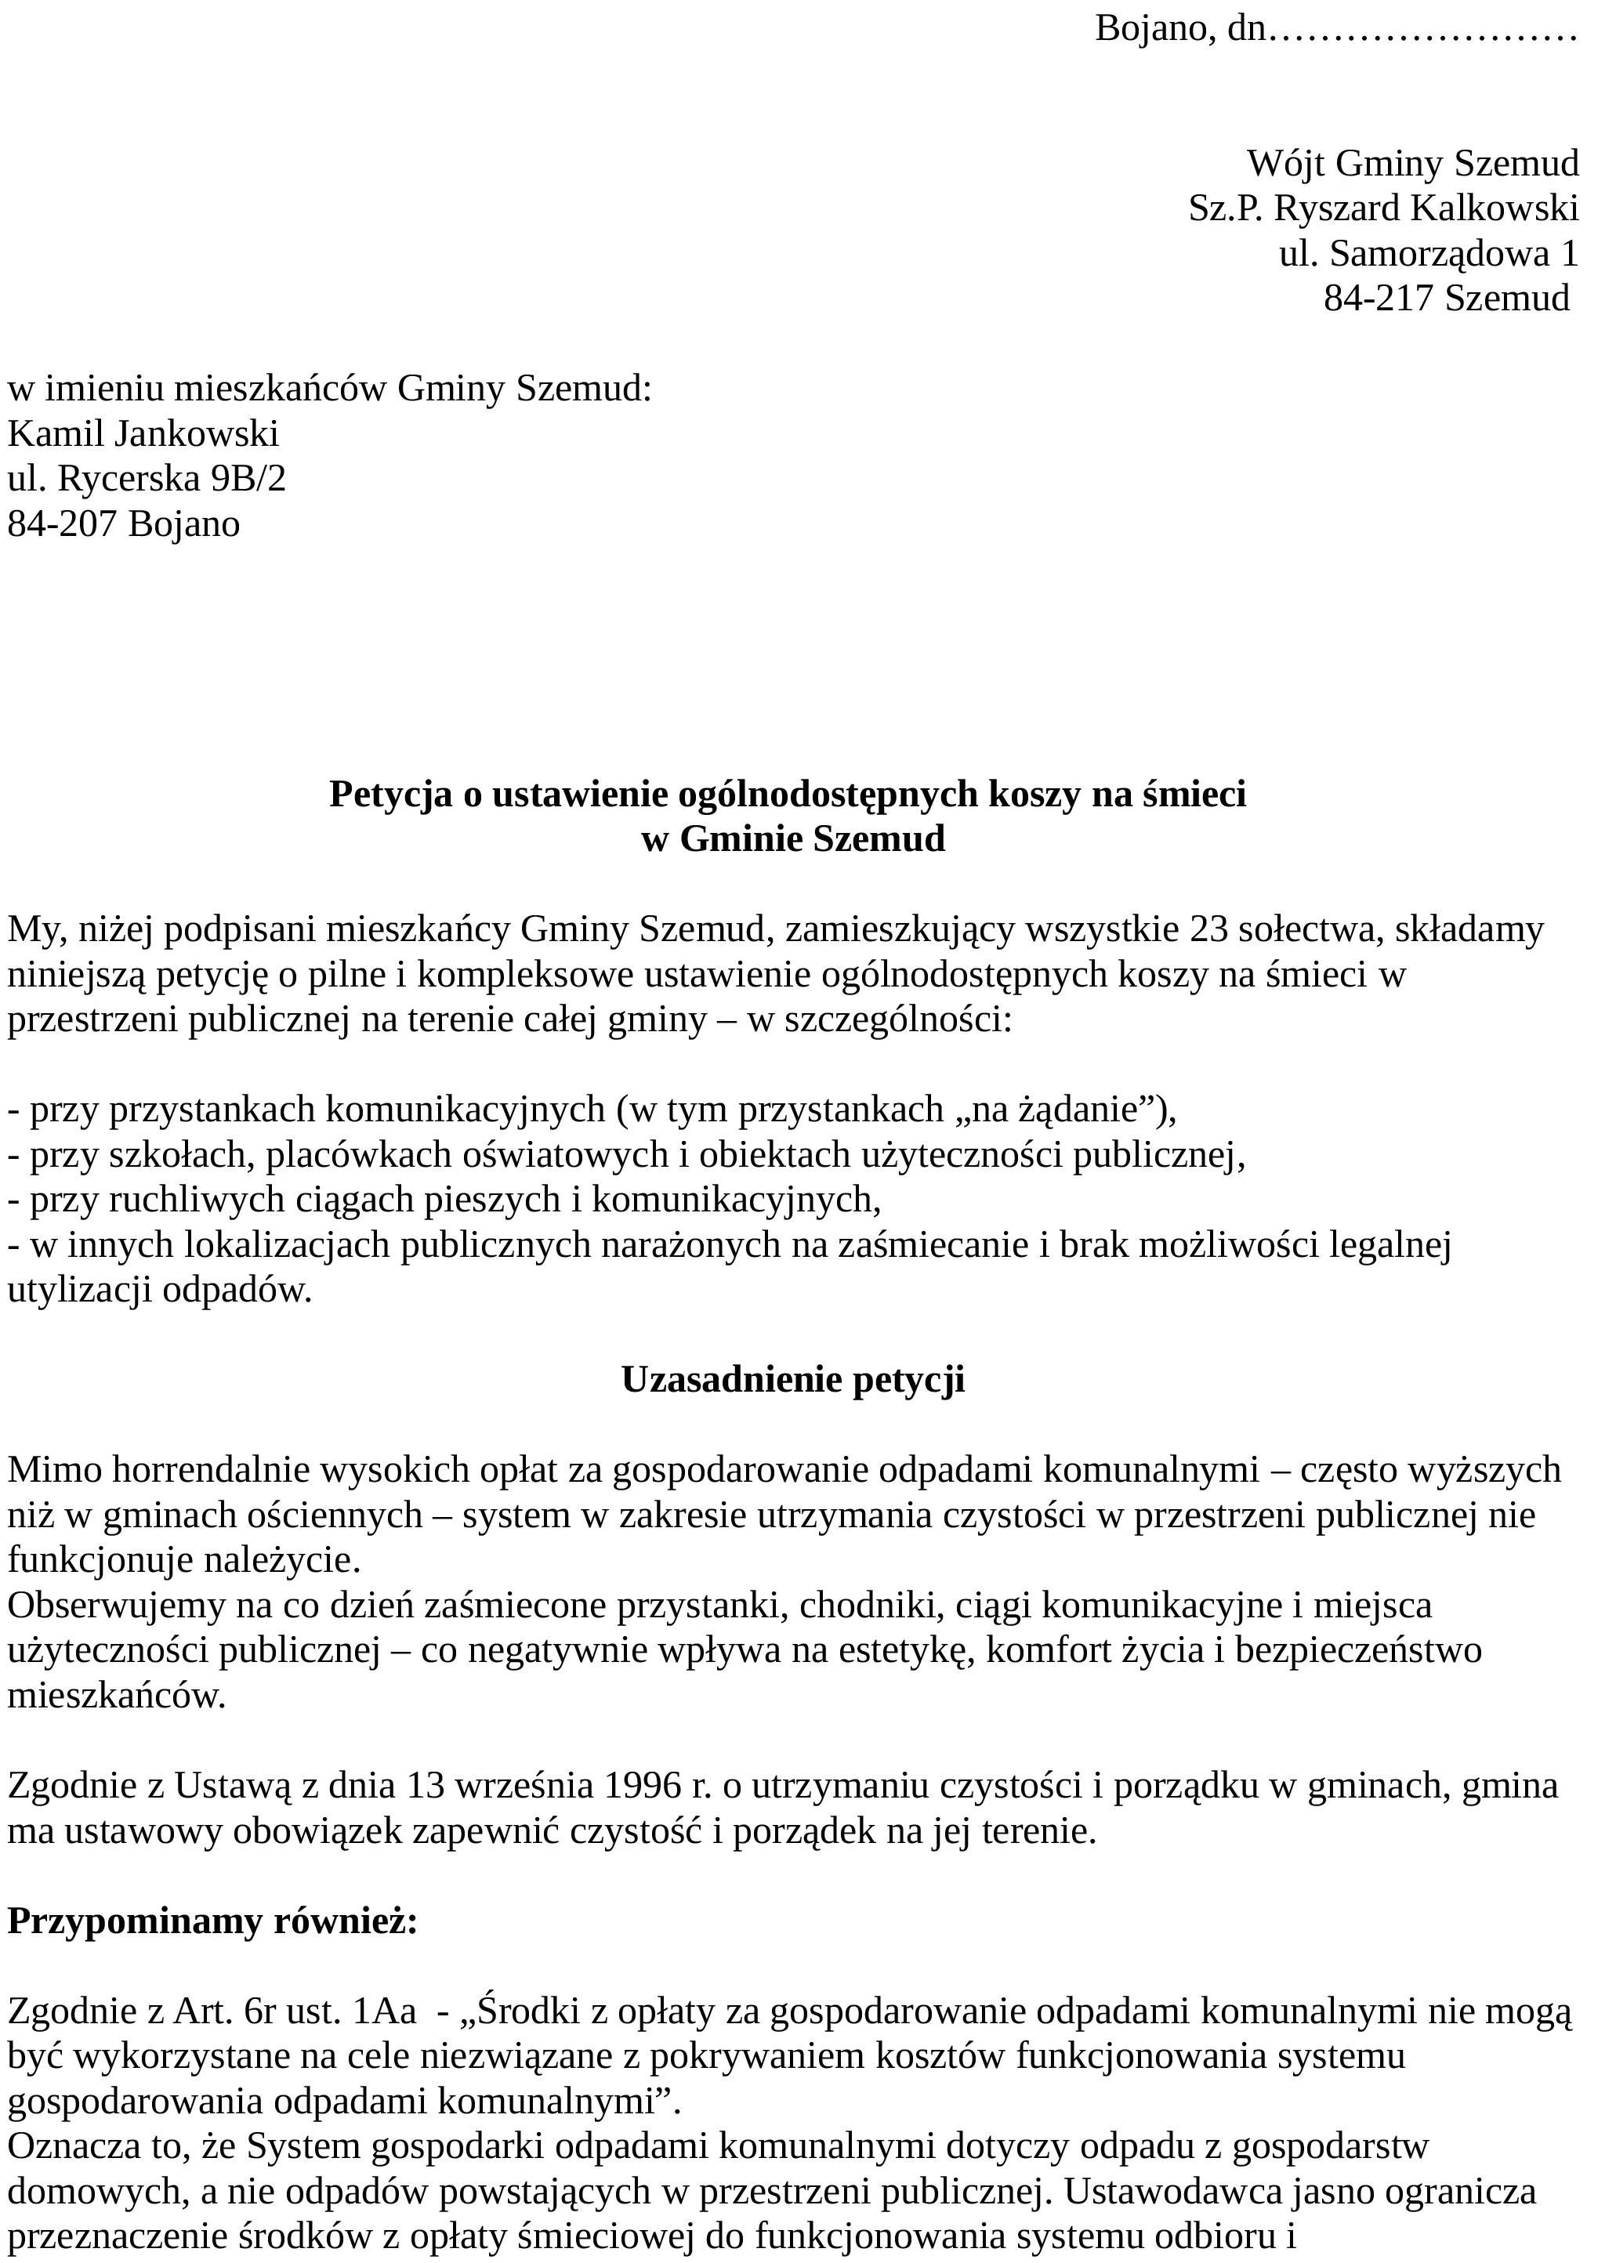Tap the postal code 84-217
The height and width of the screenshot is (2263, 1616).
coord(1379,298)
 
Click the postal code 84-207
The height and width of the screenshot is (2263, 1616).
coord(62,523)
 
